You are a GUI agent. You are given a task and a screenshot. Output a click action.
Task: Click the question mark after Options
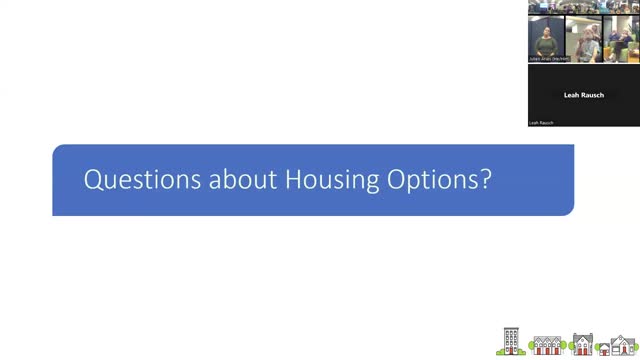pos(485,180)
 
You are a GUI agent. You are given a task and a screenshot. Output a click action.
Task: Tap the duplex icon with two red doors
pos(583,344)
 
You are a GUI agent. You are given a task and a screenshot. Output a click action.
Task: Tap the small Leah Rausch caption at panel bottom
pos(541,123)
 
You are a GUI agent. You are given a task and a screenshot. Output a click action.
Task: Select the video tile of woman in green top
pos(546,40)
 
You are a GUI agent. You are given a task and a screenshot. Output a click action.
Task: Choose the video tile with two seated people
pos(620,40)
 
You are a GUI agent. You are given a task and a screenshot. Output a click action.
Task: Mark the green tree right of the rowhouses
pos(567,348)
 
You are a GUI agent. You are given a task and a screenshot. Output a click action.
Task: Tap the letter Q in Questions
pos(91,180)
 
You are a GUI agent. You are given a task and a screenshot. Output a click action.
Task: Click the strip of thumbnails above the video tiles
pos(584,7)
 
